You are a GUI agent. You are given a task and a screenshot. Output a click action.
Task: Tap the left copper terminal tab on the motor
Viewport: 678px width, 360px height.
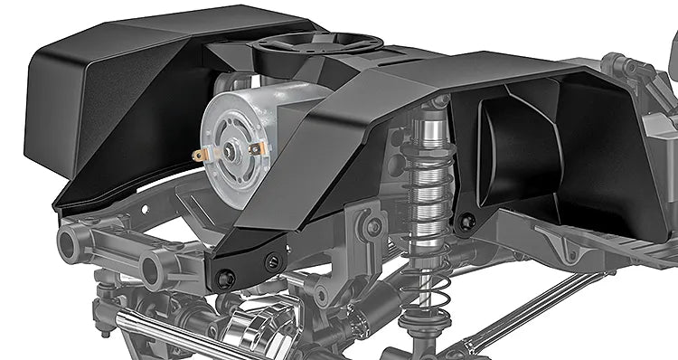[x=200, y=156]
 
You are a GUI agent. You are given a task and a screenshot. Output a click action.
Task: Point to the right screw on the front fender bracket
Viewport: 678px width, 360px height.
[x=272, y=262]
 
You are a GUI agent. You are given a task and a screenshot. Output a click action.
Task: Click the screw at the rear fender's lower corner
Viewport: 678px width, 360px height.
[x=465, y=222]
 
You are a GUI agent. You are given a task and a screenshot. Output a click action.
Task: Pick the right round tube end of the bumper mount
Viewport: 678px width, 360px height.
[x=155, y=266]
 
